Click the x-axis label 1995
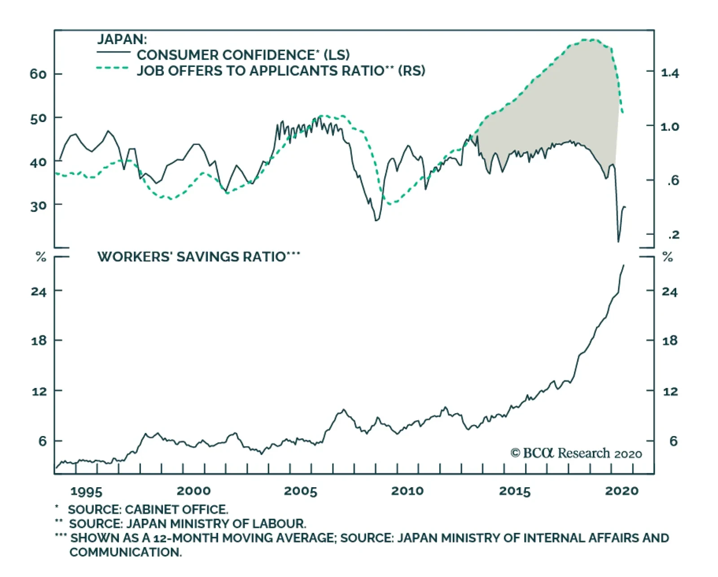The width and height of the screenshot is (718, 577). pyautogui.click(x=86, y=491)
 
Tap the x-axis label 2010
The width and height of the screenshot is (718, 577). pyautogui.click(x=407, y=491)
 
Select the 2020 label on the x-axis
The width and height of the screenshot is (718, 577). pyautogui.click(x=622, y=491)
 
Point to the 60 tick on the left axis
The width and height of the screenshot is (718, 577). pyautogui.click(x=38, y=74)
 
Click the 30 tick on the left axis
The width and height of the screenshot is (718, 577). pyautogui.click(x=38, y=206)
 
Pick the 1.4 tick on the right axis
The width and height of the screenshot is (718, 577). pyautogui.click(x=670, y=73)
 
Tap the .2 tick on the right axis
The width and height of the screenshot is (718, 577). pyautogui.click(x=674, y=235)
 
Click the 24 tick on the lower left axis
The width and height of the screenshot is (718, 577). pyautogui.click(x=39, y=292)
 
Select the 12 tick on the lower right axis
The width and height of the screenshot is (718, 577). pyautogui.click(x=670, y=392)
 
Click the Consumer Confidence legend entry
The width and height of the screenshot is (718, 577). pyautogui.click(x=243, y=55)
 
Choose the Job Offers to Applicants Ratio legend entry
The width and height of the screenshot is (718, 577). pyautogui.click(x=280, y=70)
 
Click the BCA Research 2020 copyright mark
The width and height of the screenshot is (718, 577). pyautogui.click(x=576, y=453)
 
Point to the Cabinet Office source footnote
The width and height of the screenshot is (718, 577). pyautogui.click(x=148, y=510)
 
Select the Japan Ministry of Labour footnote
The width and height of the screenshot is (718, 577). pyautogui.click(x=187, y=524)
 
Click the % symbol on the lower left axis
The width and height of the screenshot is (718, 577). pyautogui.click(x=41, y=257)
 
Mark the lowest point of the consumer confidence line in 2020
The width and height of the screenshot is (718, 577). pyautogui.click(x=618, y=242)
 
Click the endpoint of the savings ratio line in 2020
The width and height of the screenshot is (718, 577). pyautogui.click(x=623, y=265)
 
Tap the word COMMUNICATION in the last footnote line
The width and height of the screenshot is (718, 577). pyautogui.click(x=125, y=552)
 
